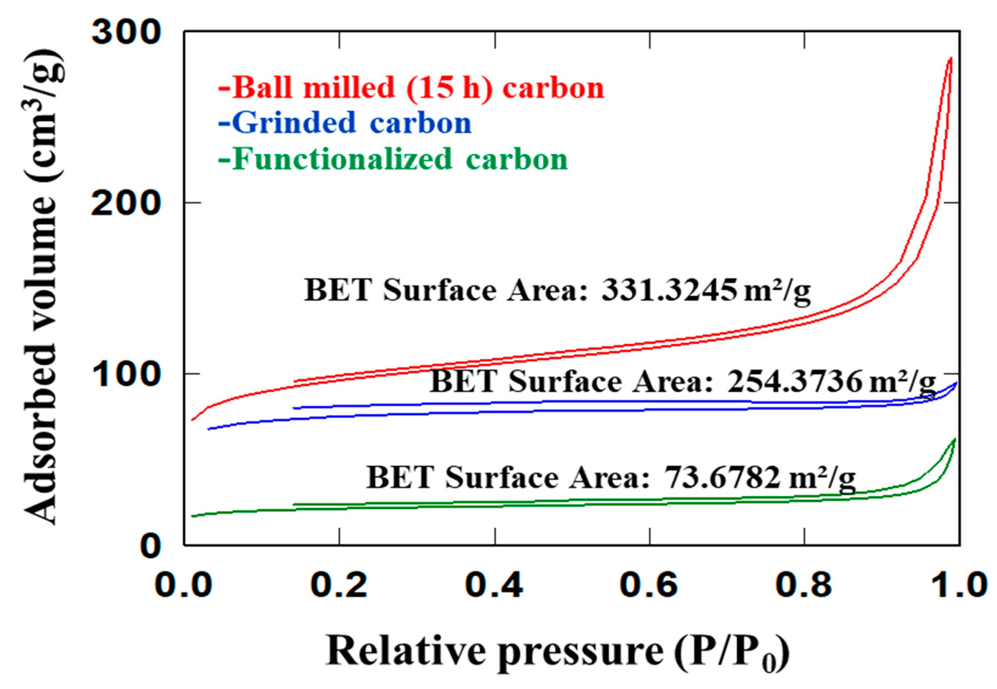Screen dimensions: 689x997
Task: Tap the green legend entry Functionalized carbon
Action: pyautogui.click(x=393, y=159)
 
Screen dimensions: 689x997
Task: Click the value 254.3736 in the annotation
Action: pyautogui.click(x=794, y=382)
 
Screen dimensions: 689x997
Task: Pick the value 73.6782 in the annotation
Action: pyautogui.click(x=723, y=477)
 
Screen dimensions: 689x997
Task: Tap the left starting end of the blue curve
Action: pyautogui.click(x=209, y=429)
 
